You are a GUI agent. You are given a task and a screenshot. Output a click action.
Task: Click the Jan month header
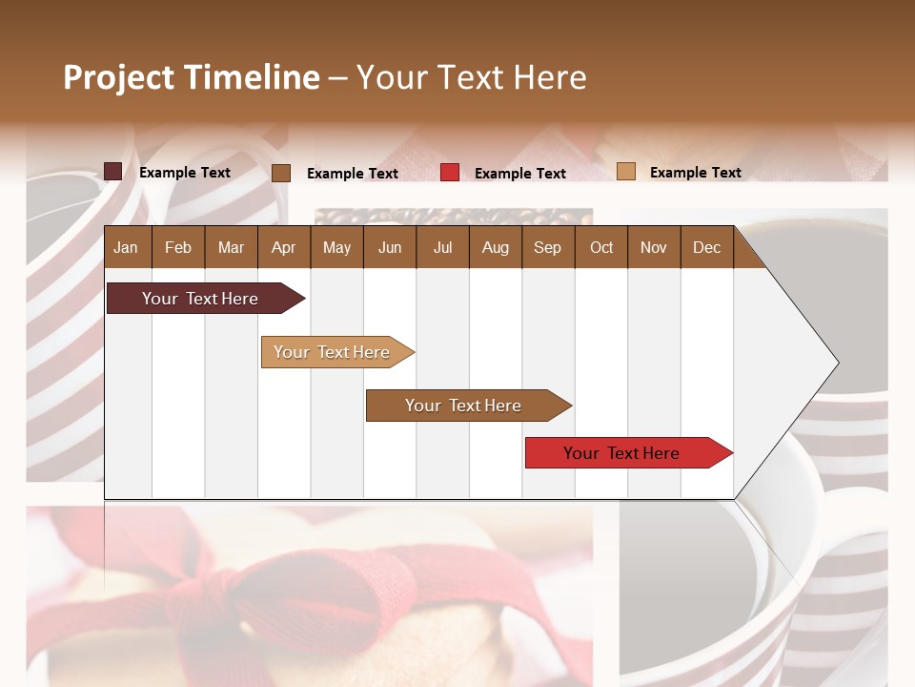pos(126,247)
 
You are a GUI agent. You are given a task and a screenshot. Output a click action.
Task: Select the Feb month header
pos(178,247)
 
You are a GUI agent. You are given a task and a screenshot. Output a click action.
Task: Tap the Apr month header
pos(283,247)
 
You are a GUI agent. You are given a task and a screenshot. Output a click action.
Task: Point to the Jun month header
pos(390,247)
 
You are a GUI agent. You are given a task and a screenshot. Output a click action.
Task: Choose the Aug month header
pos(495,247)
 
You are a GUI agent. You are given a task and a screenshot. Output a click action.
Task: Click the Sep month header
pos(547,247)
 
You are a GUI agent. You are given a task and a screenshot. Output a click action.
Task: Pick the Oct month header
pos(601,247)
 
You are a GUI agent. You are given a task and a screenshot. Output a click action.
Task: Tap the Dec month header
pos(706,247)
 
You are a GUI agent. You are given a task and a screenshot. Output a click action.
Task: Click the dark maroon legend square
pos(113,172)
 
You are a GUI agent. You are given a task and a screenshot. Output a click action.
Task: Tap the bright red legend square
pos(450,172)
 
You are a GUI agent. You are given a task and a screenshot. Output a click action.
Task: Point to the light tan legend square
pos(626,172)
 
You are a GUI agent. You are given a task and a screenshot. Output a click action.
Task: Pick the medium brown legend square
pos(281,173)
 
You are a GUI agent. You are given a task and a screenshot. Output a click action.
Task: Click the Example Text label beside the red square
pos(519,174)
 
